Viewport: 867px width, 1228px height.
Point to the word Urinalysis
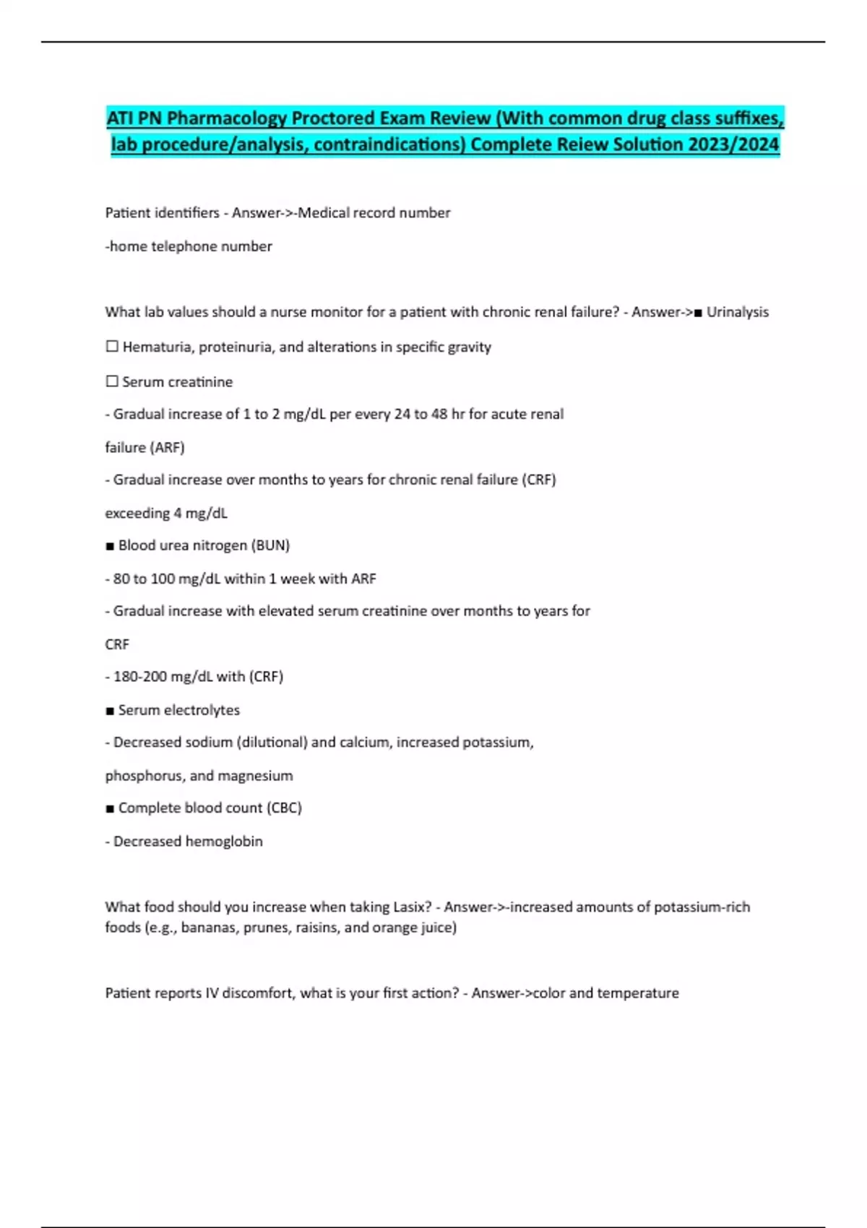point(738,312)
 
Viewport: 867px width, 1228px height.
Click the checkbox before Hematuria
point(112,347)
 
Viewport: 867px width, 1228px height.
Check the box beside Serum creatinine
point(112,381)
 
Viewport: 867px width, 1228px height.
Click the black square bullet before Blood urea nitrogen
point(110,546)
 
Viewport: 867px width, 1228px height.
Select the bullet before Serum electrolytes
point(110,711)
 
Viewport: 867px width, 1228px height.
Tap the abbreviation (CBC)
point(284,808)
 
